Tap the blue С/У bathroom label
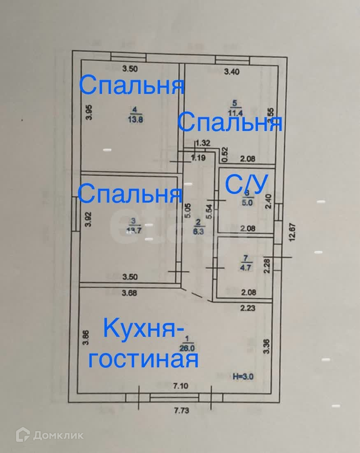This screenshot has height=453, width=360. click(x=246, y=185)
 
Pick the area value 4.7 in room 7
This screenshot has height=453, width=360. click(x=246, y=266)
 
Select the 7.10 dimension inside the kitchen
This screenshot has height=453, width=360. click(x=180, y=386)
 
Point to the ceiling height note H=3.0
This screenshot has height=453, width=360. click(x=244, y=376)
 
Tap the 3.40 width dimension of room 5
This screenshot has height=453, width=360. click(x=231, y=72)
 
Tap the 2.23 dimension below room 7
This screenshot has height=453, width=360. click(x=248, y=307)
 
